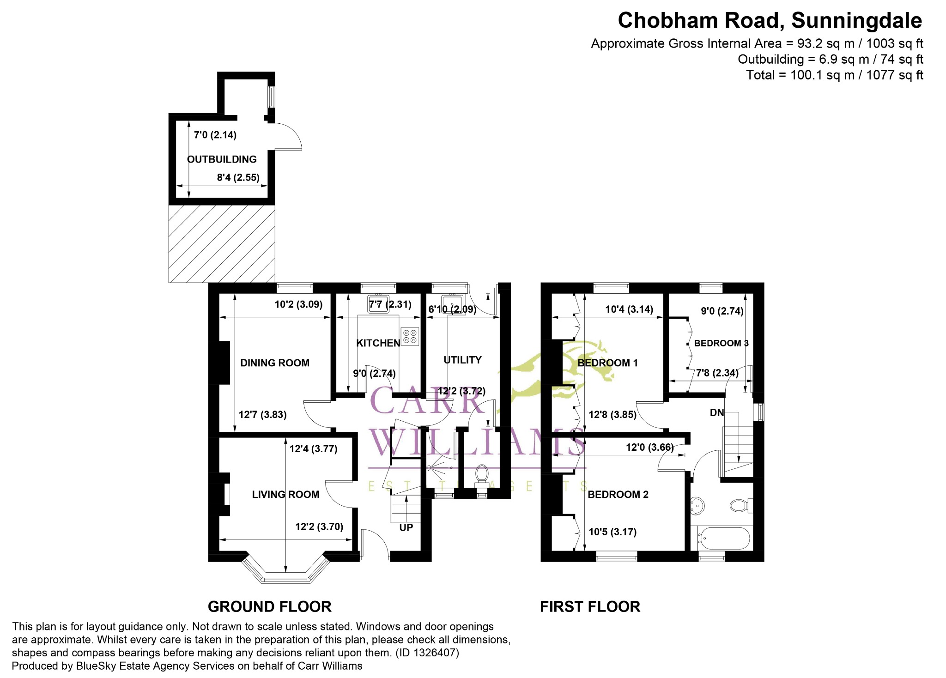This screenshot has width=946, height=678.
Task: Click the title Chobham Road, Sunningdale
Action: (770, 21)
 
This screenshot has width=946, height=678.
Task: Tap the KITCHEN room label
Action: (378, 343)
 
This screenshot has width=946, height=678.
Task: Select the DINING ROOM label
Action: (275, 363)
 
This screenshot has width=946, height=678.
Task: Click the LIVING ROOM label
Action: (285, 495)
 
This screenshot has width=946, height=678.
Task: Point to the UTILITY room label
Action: (462, 360)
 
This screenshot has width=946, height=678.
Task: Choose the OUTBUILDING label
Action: (222, 159)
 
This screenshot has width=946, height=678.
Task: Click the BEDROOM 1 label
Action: (607, 363)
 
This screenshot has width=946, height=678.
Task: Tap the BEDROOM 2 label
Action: (618, 495)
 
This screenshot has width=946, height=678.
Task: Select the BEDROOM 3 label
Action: (721, 343)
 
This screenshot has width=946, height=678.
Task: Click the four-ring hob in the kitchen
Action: (410, 337)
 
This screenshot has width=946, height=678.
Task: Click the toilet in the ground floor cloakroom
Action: (482, 474)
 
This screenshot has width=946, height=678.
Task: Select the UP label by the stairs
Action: (406, 527)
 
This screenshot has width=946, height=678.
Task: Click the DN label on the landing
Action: (716, 413)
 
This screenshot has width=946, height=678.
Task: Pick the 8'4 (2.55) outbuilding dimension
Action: (238, 177)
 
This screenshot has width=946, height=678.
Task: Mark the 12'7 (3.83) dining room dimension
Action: (262, 415)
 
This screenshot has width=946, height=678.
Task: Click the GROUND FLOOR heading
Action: (270, 606)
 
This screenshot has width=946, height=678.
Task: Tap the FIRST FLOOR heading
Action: (590, 606)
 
